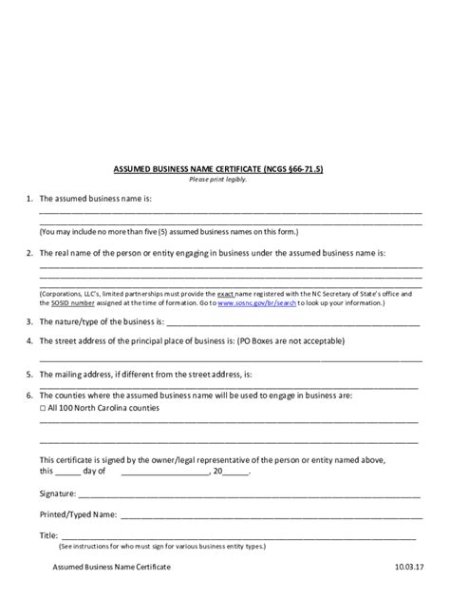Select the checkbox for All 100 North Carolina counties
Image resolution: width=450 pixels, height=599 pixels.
[x=43, y=407]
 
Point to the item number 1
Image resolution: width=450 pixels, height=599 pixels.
[x=29, y=199]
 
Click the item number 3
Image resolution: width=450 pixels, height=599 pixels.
[x=29, y=321]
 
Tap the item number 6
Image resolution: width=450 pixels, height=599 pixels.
[x=29, y=394]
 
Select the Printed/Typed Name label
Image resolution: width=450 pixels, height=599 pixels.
[x=78, y=513]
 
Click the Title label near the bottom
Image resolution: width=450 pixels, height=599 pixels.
[x=48, y=535]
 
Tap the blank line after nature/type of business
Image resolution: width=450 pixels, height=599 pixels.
[x=294, y=323]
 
